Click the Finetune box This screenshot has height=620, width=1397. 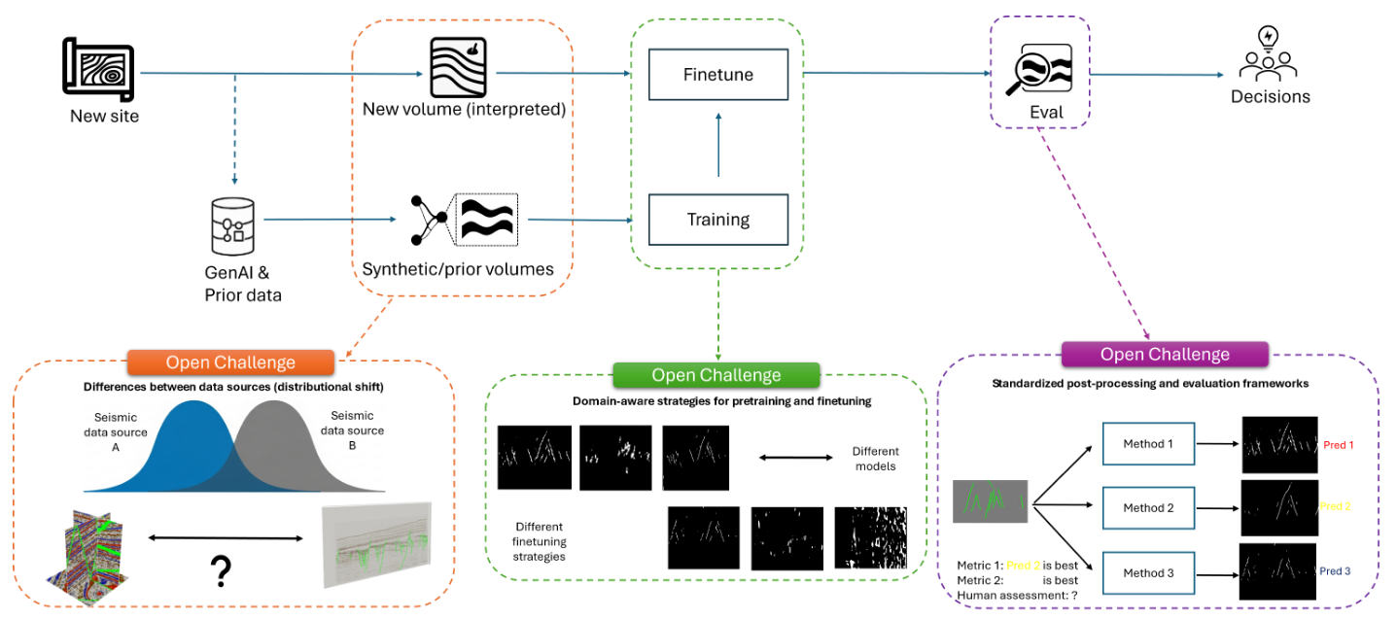tap(717, 74)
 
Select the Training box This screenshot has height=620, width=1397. tap(717, 219)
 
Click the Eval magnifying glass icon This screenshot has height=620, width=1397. tap(1039, 70)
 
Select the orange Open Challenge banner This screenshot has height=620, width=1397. tap(230, 362)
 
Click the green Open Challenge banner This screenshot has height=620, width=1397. tap(716, 375)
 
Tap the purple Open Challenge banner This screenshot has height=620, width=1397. tap(1164, 355)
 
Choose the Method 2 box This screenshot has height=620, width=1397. tap(1148, 508)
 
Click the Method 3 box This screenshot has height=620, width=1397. tap(1148, 573)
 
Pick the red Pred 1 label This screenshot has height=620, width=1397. tap(1338, 445)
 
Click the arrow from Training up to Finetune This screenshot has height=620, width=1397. tap(718, 146)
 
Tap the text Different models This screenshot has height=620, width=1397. tap(875, 458)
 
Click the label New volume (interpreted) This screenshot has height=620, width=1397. tap(464, 110)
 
